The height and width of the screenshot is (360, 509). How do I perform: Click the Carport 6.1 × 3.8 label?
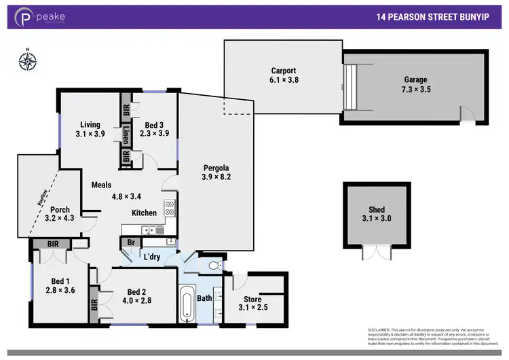pyautogui.click(x=284, y=75)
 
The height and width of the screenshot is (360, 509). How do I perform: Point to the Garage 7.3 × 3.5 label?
pyautogui.click(x=417, y=84)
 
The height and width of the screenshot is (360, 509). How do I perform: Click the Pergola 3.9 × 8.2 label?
pyautogui.click(x=216, y=173)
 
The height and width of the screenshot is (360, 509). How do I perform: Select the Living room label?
pyautogui.click(x=90, y=129)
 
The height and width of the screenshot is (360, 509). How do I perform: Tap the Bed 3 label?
pyautogui.click(x=154, y=129)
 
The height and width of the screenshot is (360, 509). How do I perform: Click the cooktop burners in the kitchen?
pyautogui.click(x=169, y=208)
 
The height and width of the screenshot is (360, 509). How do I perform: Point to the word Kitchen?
pyautogui.click(x=144, y=213)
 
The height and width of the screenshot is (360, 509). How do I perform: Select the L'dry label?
pyautogui.click(x=152, y=256)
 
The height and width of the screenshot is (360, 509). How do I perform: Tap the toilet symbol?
pyautogui.click(x=214, y=264)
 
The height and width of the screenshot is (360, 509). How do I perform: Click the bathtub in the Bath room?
pyautogui.click(x=187, y=305)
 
